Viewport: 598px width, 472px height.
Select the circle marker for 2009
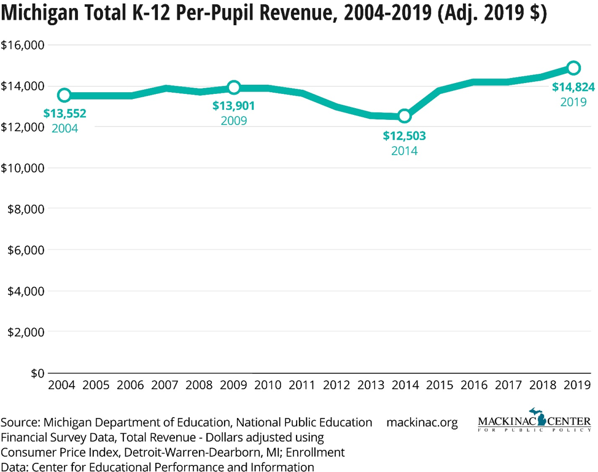234,87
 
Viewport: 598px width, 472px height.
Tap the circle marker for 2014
404,116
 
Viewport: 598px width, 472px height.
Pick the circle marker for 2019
573,68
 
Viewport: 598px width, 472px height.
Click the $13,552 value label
64,113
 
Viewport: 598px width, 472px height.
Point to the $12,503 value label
404,136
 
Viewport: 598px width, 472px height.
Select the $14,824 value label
573,87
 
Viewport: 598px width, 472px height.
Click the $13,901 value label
234,106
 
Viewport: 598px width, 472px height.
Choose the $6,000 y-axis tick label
26,250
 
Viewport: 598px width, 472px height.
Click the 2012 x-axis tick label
336,385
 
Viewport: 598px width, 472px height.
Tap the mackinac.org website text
422,423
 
